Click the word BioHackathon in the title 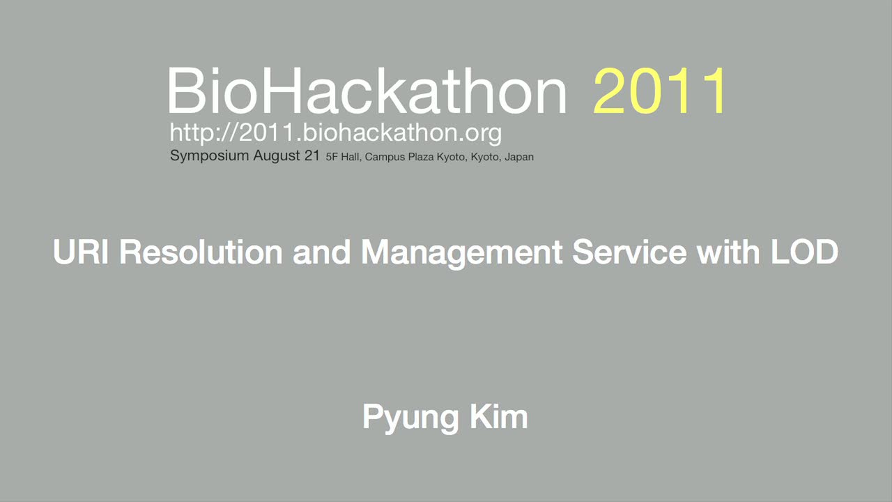tap(367, 91)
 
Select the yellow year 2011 tap(660, 91)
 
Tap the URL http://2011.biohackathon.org tap(336, 133)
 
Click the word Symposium tap(210, 155)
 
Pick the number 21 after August tap(312, 155)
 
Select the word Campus tap(385, 158)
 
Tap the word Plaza tap(420, 157)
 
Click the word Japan tap(519, 158)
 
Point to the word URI tap(80, 252)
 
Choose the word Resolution tap(201, 252)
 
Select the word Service tap(629, 252)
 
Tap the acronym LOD tap(805, 252)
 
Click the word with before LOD tap(728, 252)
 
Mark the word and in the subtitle tap(322, 252)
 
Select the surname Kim tap(499, 416)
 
